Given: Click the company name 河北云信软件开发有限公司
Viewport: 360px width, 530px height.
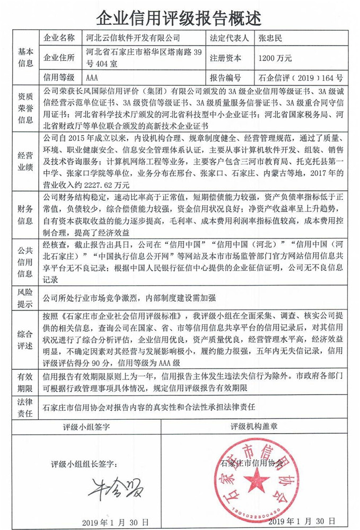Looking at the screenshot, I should tap(133, 38).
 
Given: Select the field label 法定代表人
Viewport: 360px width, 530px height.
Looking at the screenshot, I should tap(230, 38).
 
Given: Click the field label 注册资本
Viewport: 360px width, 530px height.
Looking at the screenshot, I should tap(225, 58).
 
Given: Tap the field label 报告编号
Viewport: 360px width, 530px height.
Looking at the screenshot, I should tap(225, 77).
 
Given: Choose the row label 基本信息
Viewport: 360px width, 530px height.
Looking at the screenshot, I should tap(26, 58).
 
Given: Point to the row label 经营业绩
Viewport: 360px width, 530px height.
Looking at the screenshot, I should tap(26, 161).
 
